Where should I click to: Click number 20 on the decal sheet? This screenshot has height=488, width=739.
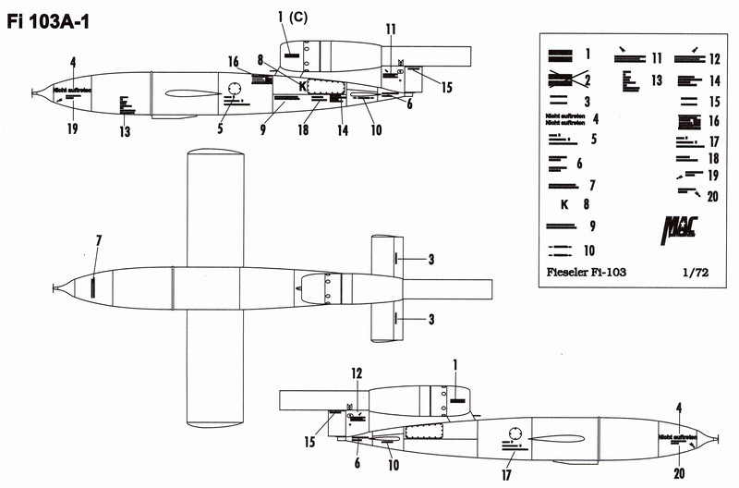(x=712, y=195)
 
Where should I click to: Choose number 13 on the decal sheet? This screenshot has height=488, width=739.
(x=658, y=80)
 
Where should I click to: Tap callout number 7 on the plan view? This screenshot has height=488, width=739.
(x=99, y=241)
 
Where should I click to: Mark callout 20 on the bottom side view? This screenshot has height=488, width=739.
(x=680, y=474)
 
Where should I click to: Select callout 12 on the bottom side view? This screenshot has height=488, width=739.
(x=356, y=373)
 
